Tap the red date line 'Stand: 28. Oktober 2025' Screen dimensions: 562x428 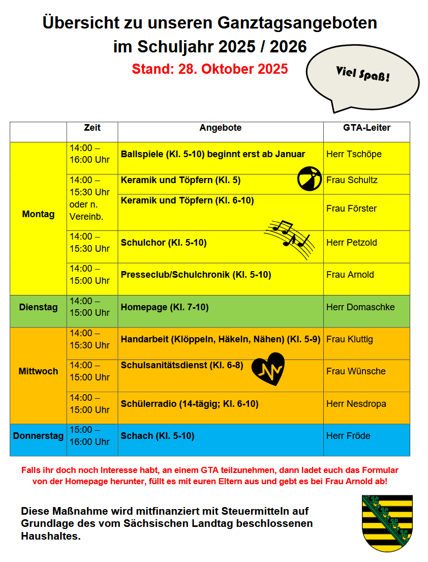pos(209,69)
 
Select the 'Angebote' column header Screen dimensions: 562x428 pos(220,128)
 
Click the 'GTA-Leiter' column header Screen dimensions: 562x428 pos(366,128)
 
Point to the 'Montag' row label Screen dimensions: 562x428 pos(38,214)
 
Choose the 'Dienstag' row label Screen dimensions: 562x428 pos(38,307)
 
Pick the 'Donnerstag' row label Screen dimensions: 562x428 pos(38,436)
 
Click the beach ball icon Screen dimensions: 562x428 pos(310,179)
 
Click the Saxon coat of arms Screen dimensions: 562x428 pos(387,523)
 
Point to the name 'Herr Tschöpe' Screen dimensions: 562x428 pos(354,154)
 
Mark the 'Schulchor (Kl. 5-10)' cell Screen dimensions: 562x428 pos(164,243)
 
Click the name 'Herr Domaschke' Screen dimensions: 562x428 pos(360,307)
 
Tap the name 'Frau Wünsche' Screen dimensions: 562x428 pos(356,371)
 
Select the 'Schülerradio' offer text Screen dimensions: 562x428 pos(190,404)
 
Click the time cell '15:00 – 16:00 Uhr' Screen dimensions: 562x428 pos(90,436)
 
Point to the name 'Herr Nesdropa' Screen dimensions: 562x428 pos(356,404)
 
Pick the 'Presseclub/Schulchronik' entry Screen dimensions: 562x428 pos(196,275)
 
